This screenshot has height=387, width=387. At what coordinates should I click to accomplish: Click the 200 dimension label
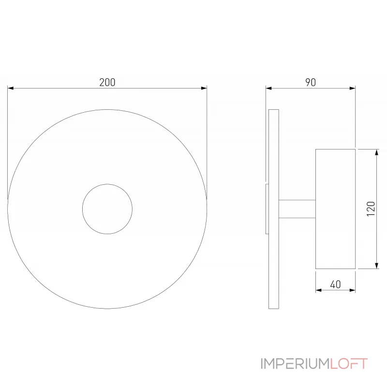(107, 82)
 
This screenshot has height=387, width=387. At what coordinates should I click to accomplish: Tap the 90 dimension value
(310, 82)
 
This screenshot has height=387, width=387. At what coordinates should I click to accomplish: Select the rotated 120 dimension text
(371, 209)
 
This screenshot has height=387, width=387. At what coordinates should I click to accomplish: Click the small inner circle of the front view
(107, 209)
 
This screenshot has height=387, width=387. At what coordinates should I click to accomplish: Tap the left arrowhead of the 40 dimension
(319, 291)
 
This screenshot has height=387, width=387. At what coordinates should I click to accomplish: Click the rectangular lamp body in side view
(335, 209)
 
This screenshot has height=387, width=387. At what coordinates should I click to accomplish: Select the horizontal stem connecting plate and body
(297, 209)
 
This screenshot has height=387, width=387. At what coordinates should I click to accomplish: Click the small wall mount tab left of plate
(267, 209)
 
